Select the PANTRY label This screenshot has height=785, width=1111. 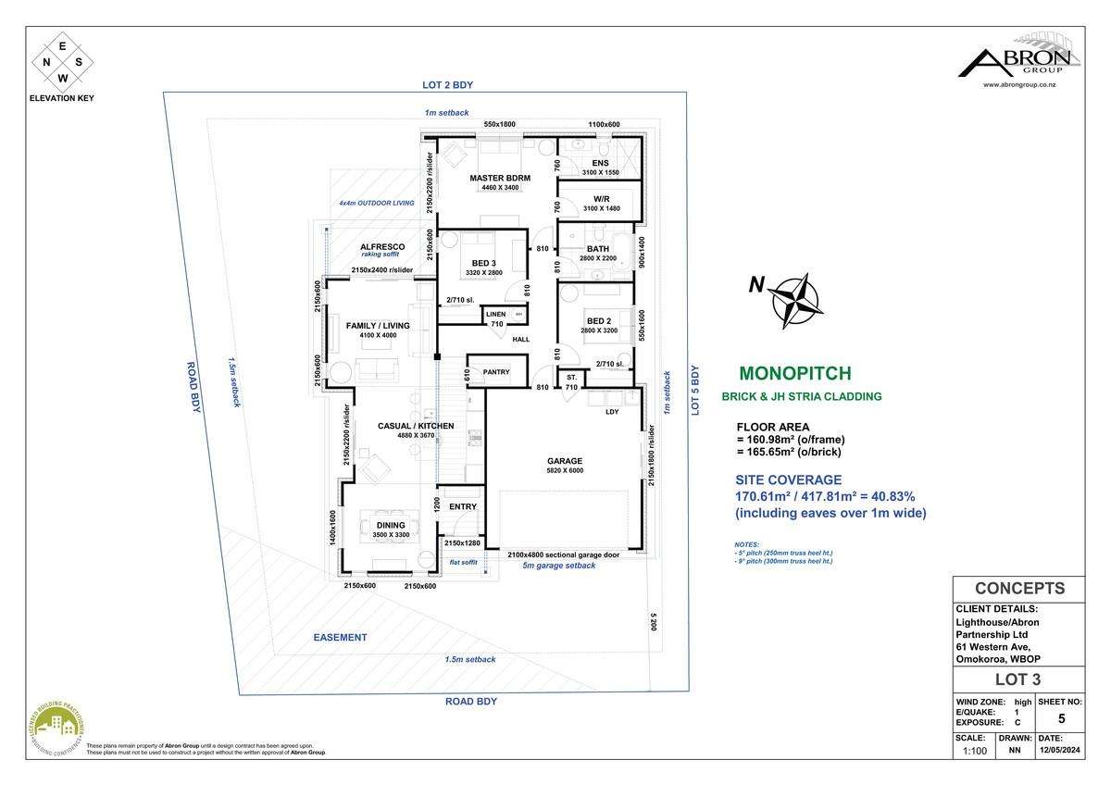tap(496, 372)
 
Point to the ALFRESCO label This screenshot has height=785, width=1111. tap(379, 246)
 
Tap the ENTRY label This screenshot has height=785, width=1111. tap(462, 506)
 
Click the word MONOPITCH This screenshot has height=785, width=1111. tap(794, 374)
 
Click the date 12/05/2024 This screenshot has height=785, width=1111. tap(1065, 751)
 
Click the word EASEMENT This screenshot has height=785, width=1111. tap(340, 637)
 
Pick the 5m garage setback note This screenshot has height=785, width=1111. tap(558, 566)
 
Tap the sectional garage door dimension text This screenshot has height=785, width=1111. tap(562, 554)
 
